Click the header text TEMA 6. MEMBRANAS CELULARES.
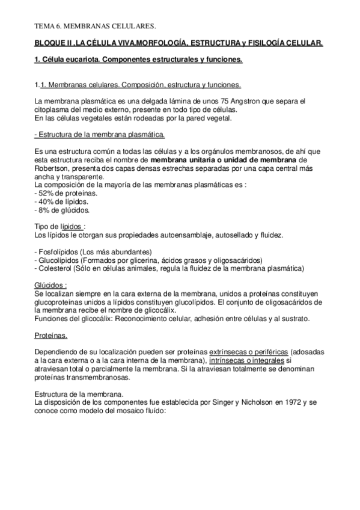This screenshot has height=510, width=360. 95,26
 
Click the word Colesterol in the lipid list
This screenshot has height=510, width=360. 55,267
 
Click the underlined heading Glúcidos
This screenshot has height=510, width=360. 50,284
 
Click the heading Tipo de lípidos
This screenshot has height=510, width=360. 58,225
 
